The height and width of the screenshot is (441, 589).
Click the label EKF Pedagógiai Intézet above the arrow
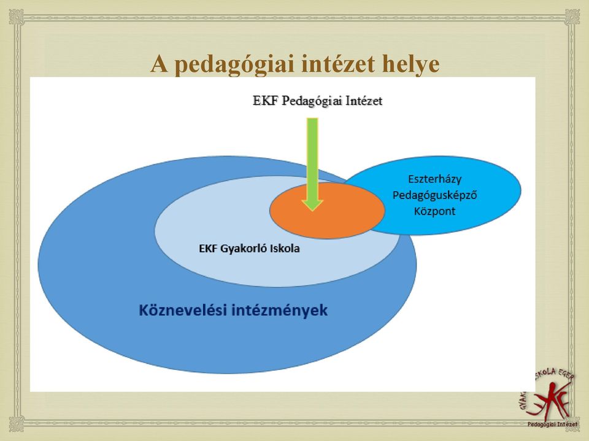[317, 101]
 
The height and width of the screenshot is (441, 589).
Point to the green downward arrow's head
[312, 205]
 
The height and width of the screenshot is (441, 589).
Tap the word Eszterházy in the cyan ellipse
[434, 179]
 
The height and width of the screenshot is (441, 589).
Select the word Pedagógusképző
[434, 195]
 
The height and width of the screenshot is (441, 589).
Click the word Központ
[434, 211]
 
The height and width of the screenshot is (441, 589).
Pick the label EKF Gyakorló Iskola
[249, 249]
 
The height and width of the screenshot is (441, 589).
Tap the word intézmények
[280, 311]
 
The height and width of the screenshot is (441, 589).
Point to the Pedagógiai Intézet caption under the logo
[553, 424]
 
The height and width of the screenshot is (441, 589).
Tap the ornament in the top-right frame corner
[572, 17]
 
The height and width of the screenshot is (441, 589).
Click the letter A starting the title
[158, 64]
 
